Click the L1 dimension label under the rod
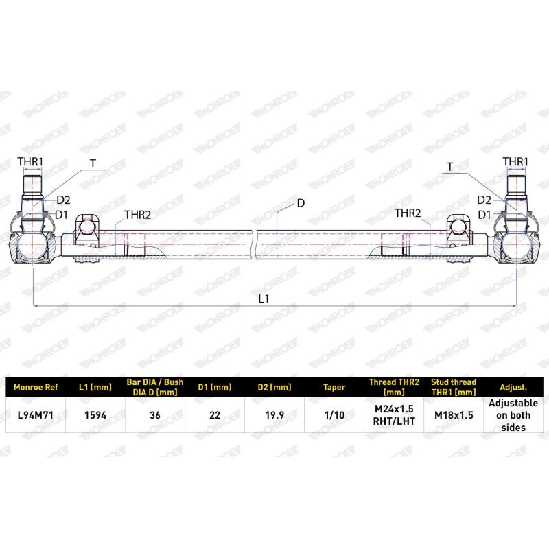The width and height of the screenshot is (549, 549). tap(263, 299)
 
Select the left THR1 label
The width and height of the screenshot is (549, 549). tap(30, 162)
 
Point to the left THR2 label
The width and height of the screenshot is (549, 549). tap(137, 215)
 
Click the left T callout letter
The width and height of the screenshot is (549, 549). tap(93, 164)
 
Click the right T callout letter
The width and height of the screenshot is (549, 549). tap(449, 167)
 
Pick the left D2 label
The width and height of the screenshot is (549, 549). tap(63, 200)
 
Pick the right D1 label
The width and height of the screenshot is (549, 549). tap(484, 215)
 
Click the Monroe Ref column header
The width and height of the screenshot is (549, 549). tap(36, 387)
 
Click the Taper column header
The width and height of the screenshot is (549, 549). tap(334, 387)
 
